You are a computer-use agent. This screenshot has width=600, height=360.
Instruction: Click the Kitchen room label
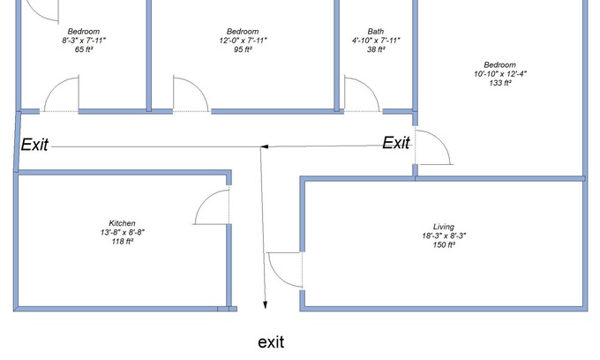122,223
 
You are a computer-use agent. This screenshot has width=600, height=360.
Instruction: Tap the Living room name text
444,227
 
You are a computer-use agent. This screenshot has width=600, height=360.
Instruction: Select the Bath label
376,32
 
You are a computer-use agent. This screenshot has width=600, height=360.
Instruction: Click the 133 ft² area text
500,83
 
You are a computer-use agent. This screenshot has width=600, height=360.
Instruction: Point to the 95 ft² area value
243,49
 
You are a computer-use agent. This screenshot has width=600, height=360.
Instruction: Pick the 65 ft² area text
84,49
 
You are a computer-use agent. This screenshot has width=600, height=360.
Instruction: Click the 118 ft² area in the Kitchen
123,242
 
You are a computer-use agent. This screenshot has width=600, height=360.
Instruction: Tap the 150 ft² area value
444,244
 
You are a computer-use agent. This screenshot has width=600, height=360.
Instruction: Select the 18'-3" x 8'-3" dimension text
444,236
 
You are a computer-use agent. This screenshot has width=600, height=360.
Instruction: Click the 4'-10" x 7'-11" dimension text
376,41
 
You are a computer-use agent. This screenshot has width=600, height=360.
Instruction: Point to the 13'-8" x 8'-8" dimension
123,232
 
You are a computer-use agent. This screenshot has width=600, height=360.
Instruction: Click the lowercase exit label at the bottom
271,342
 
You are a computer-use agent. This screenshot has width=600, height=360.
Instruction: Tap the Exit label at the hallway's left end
34,145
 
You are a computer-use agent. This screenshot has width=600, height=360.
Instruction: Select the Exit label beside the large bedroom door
396,143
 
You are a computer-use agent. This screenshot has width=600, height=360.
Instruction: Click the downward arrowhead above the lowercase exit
265,304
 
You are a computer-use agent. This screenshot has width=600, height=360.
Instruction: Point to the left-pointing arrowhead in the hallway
265,146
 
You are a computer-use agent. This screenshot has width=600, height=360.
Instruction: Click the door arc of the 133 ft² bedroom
440,140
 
